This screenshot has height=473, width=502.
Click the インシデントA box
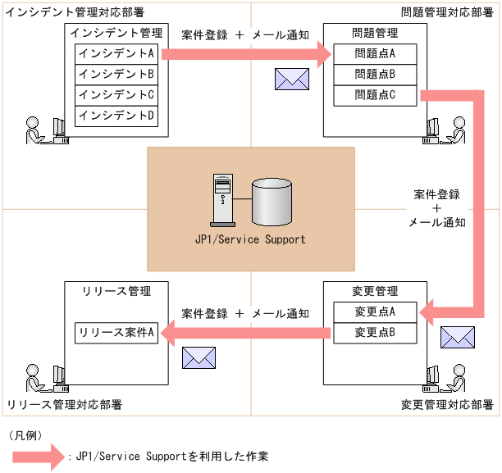[117, 53]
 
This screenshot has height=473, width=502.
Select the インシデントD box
[117, 116]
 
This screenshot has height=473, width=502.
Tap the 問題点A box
[375, 54]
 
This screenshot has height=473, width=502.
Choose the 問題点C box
[375, 95]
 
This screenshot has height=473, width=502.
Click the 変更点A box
[375, 312]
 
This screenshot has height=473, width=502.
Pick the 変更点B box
[375, 332]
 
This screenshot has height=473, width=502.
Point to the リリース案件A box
[117, 332]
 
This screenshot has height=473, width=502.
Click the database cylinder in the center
[272, 201]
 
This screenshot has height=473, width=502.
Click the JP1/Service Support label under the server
[250, 239]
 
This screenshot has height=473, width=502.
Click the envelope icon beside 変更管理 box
[457, 338]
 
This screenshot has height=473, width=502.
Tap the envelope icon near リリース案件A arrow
[198, 357]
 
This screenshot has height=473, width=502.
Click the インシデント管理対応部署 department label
[74, 11]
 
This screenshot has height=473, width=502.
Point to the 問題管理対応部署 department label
[447, 11]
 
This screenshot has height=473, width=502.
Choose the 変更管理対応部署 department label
[447, 405]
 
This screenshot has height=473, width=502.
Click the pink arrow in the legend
[37, 456]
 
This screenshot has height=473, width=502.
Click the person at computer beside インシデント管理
[44, 130]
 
